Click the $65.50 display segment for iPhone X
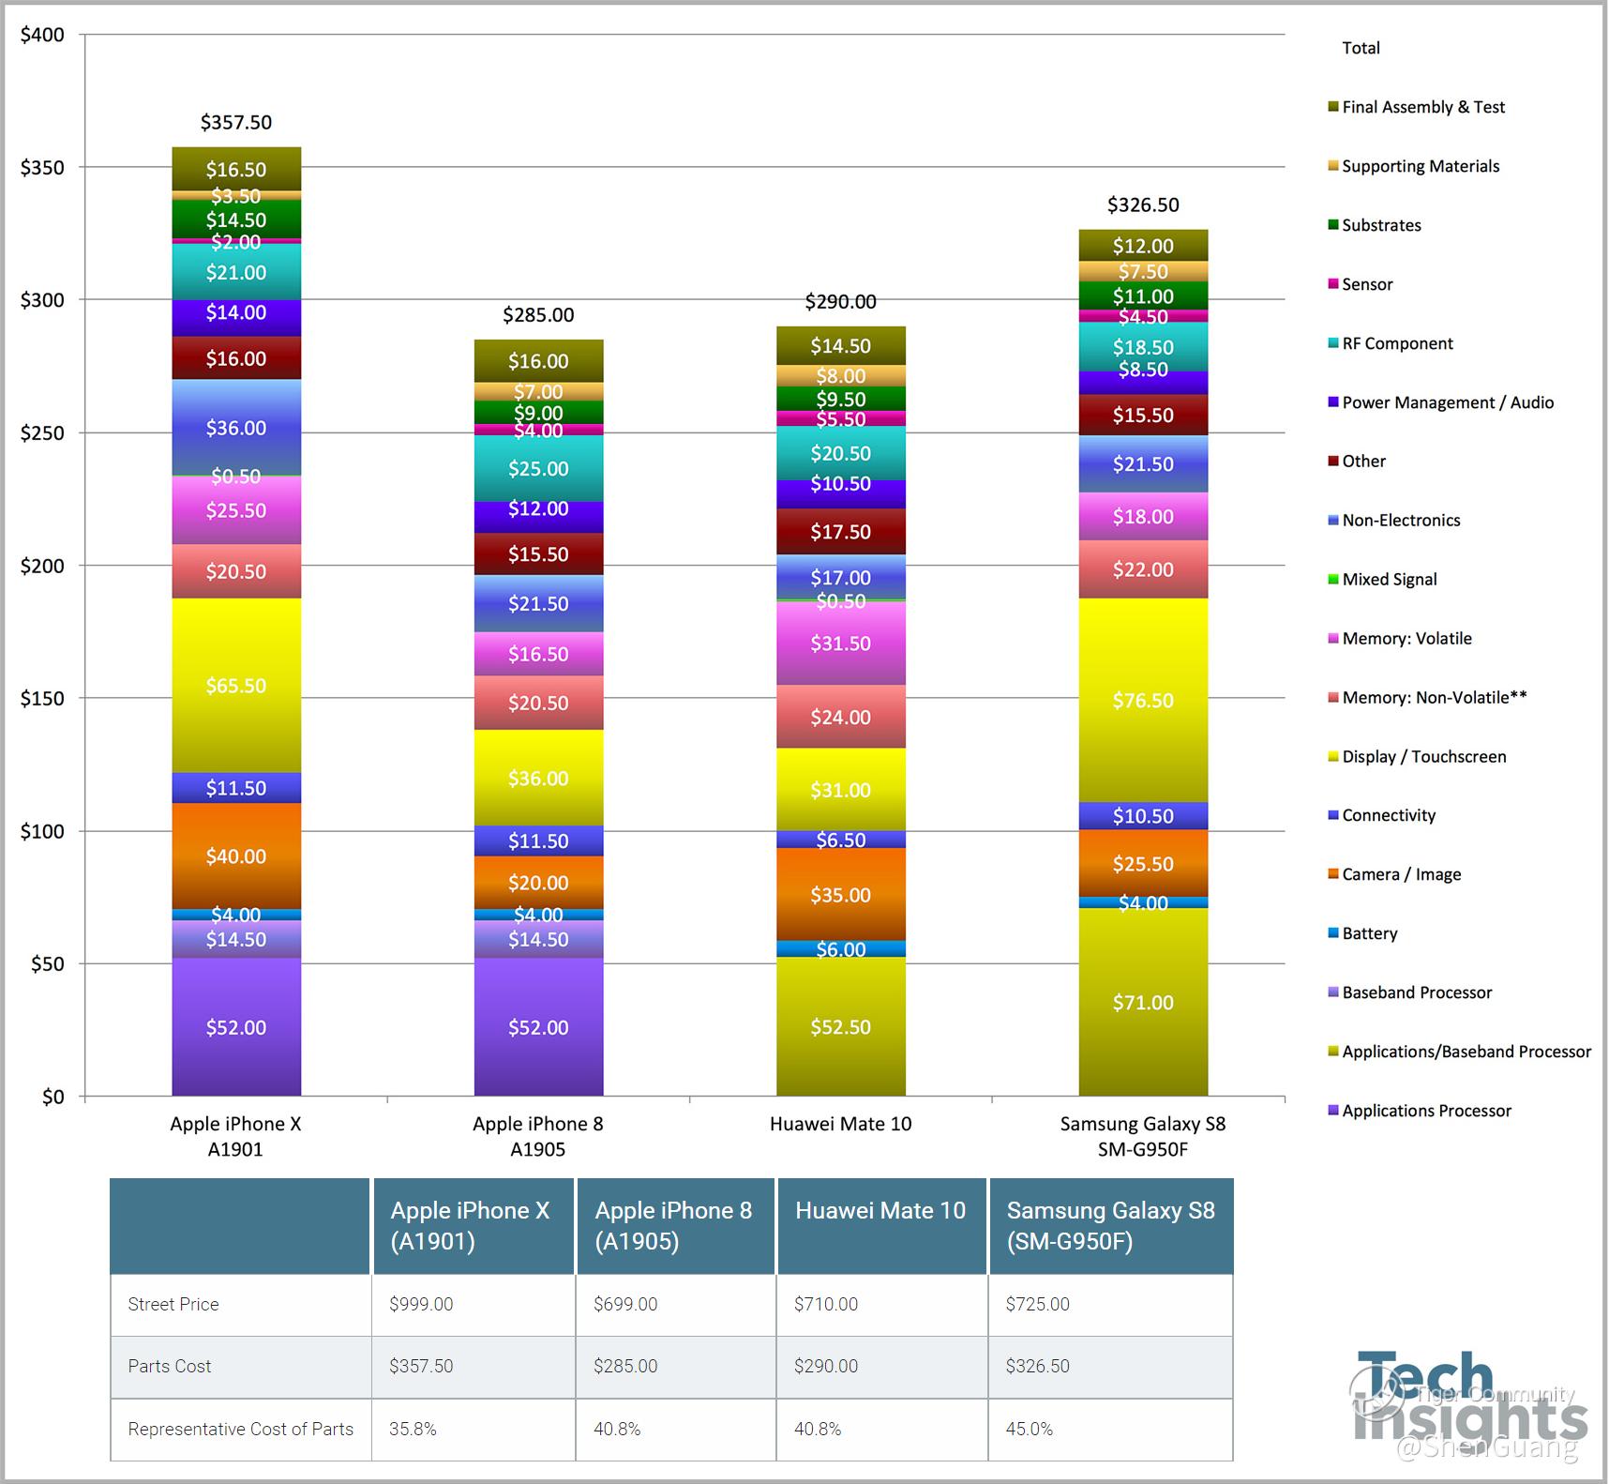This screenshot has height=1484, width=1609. click(236, 686)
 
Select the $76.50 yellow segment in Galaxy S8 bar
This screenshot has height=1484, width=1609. click(1143, 701)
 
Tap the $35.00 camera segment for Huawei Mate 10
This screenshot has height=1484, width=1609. click(841, 895)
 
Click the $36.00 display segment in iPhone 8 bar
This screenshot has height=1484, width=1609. click(538, 779)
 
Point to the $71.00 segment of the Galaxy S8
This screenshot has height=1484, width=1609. click(1143, 1003)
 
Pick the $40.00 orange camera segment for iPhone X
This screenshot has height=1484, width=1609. click(236, 856)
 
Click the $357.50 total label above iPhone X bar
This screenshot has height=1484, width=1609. click(236, 123)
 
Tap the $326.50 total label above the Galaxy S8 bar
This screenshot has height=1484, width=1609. click(1143, 205)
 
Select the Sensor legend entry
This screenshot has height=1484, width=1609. click(1366, 284)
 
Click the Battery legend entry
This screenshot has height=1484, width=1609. click(1369, 933)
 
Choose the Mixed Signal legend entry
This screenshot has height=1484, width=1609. click(1389, 580)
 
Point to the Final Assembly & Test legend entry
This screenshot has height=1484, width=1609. click(1422, 108)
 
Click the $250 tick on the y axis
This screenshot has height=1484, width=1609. click(42, 433)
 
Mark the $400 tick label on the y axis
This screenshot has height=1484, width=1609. click(42, 36)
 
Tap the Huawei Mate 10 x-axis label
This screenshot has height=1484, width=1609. click(840, 1124)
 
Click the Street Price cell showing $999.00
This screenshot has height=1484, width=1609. click(422, 1304)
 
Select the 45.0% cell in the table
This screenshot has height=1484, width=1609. click(1030, 1429)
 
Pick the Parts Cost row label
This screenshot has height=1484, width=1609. click(170, 1366)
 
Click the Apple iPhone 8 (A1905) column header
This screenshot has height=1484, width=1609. click(673, 1225)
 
